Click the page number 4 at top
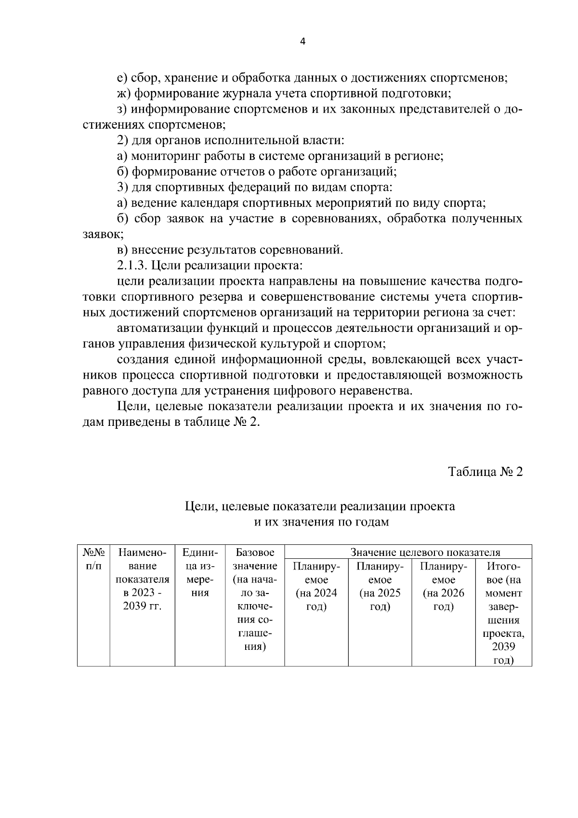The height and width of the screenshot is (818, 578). coord(302,42)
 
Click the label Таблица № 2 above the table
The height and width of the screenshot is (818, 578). coord(485,471)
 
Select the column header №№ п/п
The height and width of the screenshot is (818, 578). coord(93,559)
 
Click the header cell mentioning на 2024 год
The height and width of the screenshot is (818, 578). coord(316,586)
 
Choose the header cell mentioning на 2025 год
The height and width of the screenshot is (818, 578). coord(380,586)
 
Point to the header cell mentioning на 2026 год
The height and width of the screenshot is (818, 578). coord(443,586)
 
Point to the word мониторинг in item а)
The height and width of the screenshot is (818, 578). coord(162,156)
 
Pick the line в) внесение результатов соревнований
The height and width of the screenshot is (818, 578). coord(230,250)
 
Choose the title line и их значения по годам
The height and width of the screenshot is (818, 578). coord(321,522)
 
